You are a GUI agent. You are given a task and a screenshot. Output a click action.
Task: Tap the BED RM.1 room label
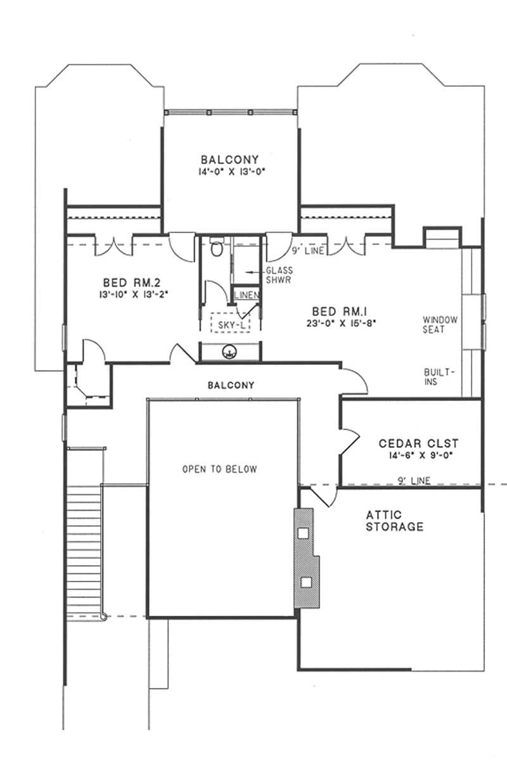pos(338,312)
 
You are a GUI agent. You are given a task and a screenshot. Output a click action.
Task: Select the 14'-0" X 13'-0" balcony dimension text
pos(229,171)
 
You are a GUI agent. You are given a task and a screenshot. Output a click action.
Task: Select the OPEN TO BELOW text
pos(219,469)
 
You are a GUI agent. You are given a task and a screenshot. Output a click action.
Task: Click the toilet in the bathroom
pos(216,248)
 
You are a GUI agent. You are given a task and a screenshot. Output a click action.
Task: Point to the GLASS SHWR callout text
pos(279,275)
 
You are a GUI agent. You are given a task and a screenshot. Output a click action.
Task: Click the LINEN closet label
pos(245,295)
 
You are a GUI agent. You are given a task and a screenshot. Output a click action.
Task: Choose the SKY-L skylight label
pos(229,324)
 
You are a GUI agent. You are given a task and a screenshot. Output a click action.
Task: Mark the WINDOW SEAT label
pos(440,324)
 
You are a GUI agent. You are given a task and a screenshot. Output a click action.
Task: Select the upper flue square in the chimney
pos(304,533)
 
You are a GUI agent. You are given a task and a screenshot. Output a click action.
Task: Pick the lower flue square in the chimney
pos(306,582)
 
